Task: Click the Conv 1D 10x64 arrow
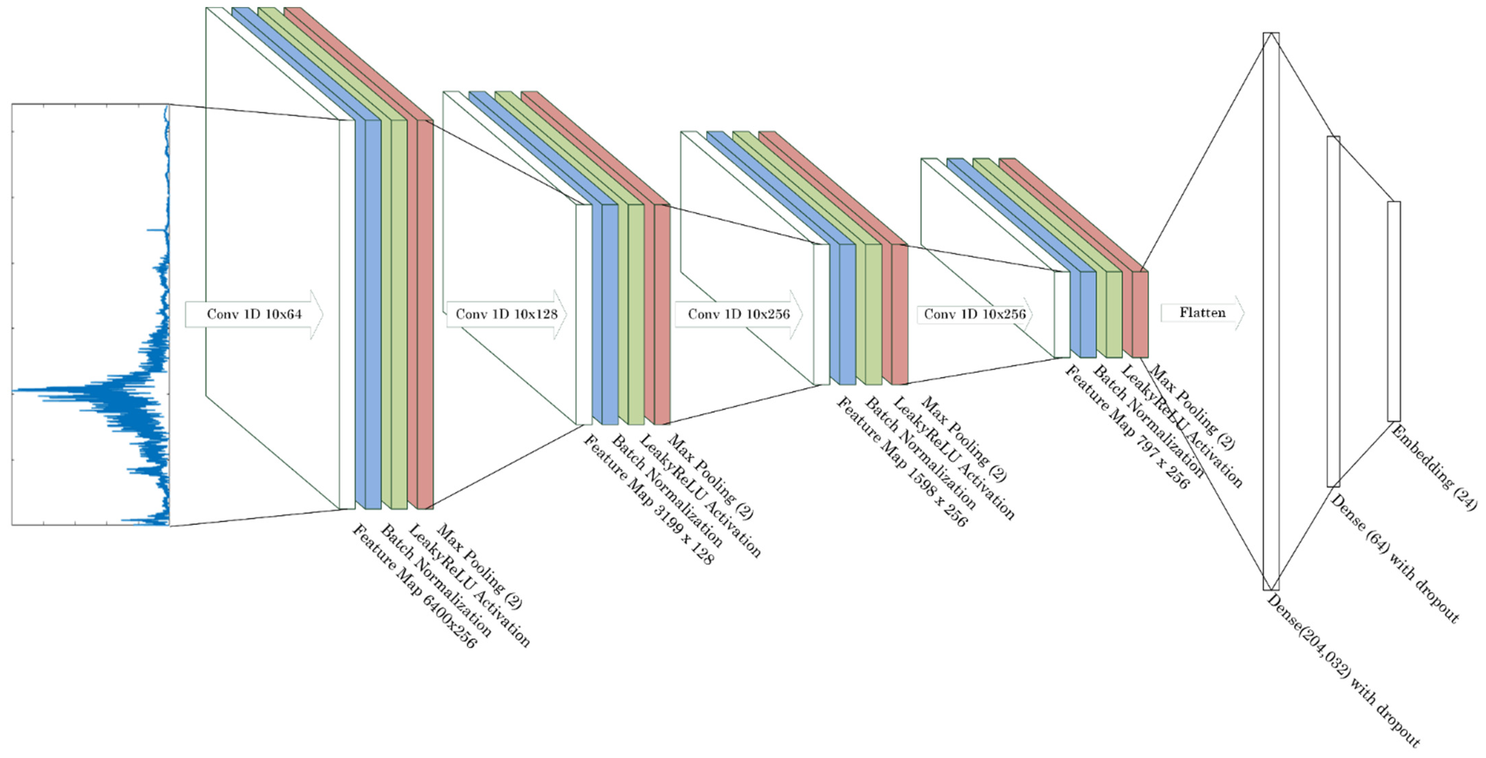click(x=254, y=314)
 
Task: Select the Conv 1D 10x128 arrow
click(x=506, y=314)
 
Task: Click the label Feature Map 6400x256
click(x=414, y=587)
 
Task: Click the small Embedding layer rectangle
click(x=1394, y=312)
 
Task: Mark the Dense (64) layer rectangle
click(x=1333, y=312)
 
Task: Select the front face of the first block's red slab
click(x=425, y=314)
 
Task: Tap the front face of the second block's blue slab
click(x=610, y=314)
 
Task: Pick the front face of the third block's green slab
click(x=873, y=314)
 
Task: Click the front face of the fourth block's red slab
click(x=1140, y=314)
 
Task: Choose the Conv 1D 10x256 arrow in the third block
click(x=738, y=314)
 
